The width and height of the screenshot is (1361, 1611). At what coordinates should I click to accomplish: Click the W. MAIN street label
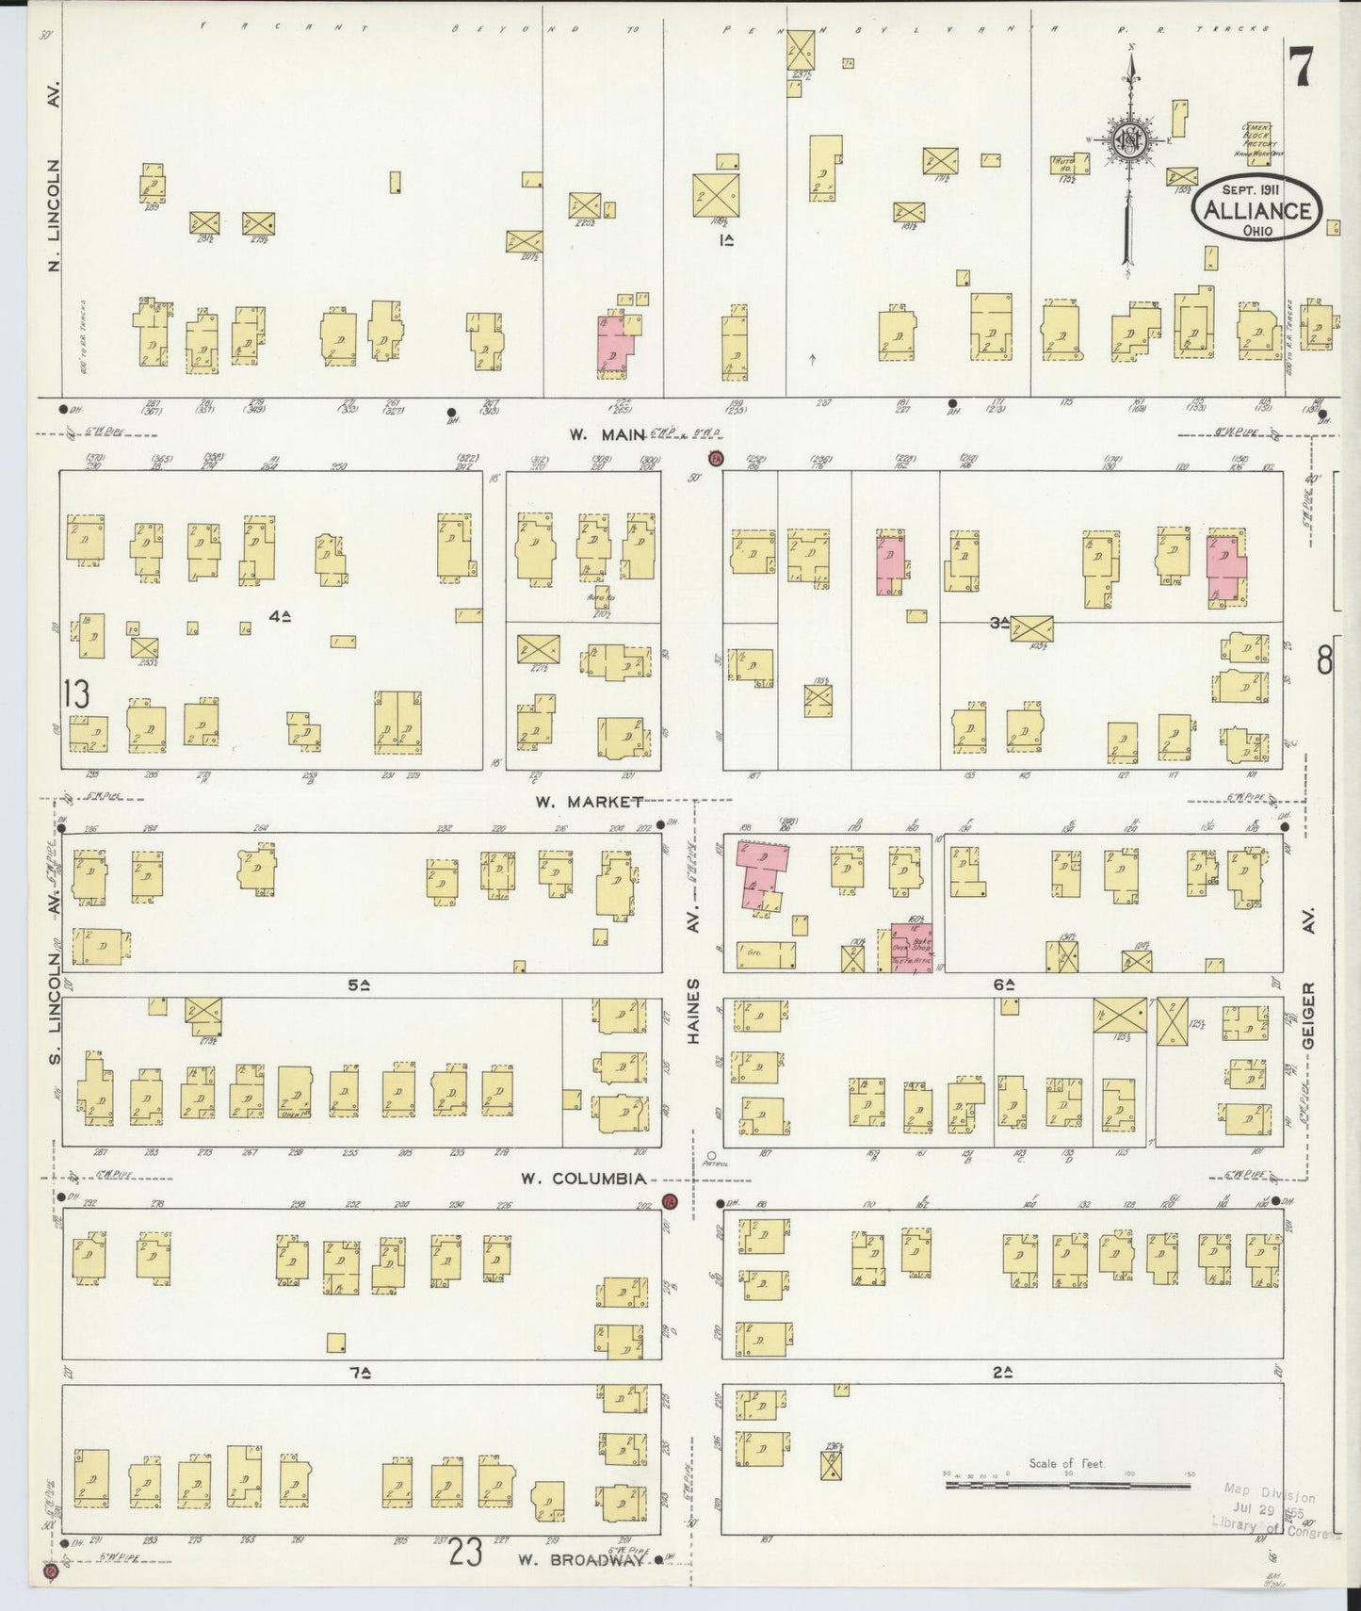point(607,434)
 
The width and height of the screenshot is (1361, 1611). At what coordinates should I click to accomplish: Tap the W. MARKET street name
point(590,802)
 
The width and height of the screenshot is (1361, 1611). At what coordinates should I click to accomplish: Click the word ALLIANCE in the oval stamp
point(1257,210)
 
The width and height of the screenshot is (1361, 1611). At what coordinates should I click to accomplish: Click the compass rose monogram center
point(1126,141)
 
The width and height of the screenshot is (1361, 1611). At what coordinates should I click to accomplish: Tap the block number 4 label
point(279,616)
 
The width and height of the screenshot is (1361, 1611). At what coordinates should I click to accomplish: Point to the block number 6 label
point(1003,984)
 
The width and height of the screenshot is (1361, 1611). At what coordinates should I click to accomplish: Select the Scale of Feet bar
point(1070,1485)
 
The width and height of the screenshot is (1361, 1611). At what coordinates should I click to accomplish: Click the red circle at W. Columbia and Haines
point(670,1202)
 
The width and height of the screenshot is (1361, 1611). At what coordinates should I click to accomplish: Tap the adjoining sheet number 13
point(75,694)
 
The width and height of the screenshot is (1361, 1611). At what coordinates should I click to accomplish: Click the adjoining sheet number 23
point(465,1551)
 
